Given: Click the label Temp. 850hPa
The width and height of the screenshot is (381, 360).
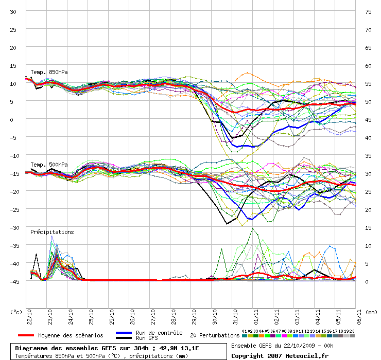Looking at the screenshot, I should [x=49, y=72].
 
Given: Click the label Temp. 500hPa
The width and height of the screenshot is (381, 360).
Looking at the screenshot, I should [x=49, y=165].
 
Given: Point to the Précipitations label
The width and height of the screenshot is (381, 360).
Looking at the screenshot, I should [x=53, y=232].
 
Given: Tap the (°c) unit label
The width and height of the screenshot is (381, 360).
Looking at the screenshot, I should [x=16, y=312].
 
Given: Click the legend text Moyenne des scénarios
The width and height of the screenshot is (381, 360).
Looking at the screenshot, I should [x=71, y=335].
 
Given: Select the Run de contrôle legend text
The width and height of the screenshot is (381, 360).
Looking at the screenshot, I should [x=159, y=333].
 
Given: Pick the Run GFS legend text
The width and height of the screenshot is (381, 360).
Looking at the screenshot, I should [x=147, y=338].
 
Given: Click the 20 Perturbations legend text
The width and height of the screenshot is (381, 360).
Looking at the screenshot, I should [x=215, y=335].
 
